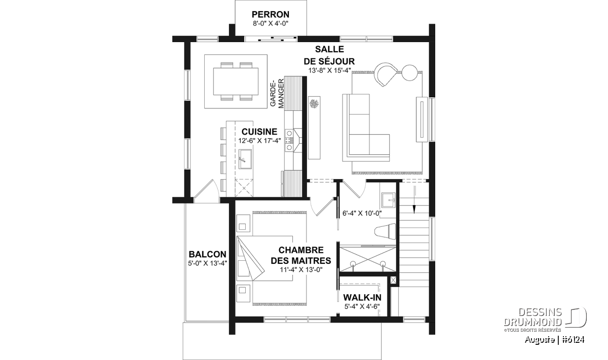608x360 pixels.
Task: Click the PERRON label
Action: point(271,14)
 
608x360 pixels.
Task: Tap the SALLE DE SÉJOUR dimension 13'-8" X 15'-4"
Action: point(329,70)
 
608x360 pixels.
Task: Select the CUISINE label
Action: point(259,132)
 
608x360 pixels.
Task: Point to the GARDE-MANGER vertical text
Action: point(277,93)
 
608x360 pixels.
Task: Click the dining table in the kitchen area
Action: point(236,82)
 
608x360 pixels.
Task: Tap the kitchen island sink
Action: point(245,159)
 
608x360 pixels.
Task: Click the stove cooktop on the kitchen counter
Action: point(289,140)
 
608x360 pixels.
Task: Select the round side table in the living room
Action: point(409,73)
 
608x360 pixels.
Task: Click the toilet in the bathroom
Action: point(385,232)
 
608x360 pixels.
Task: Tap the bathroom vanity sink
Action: point(389,200)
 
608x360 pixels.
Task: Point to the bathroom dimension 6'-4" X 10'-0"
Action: point(362,214)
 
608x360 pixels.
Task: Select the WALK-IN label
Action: point(362,298)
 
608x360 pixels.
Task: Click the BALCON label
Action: point(207,254)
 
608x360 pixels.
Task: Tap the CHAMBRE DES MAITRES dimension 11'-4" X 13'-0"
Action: point(301,270)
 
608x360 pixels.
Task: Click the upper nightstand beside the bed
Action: point(243,223)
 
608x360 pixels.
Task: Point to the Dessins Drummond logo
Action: point(545,319)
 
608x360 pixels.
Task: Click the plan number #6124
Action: point(573,340)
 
